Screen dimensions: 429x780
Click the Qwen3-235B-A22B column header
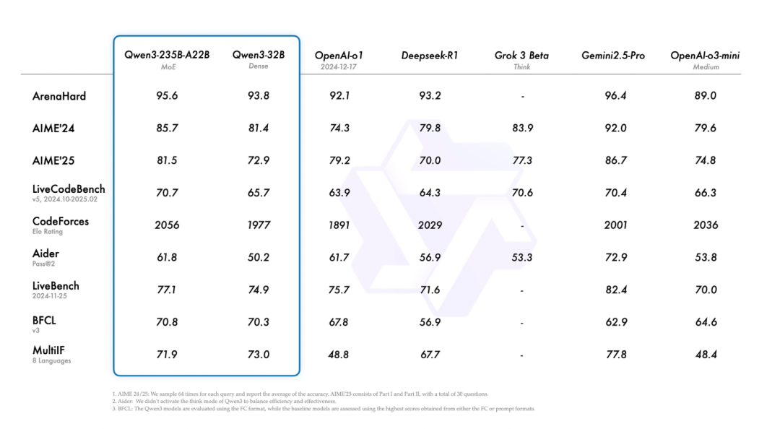pos(167,55)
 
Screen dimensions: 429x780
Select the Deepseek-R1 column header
pos(430,56)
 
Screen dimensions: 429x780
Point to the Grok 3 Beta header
pos(522,56)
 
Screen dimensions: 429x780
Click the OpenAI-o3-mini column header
pos(705,56)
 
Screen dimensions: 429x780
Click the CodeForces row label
pos(61,222)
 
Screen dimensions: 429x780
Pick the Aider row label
pos(45,253)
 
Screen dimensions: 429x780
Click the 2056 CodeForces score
pos(167,225)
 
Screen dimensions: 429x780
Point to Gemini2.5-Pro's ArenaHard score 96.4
pos(616,95)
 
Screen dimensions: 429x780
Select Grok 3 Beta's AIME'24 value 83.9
pos(522,128)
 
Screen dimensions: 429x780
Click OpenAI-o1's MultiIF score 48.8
pos(339,354)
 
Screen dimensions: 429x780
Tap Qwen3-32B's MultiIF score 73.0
pos(258,354)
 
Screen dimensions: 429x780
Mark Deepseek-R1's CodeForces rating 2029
pos(430,225)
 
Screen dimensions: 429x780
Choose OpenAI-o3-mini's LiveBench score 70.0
pos(705,290)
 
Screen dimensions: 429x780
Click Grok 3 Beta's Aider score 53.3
pos(522,257)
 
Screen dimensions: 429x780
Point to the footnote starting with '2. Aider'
pos(220,401)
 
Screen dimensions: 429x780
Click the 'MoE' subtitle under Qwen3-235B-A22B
pos(167,66)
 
